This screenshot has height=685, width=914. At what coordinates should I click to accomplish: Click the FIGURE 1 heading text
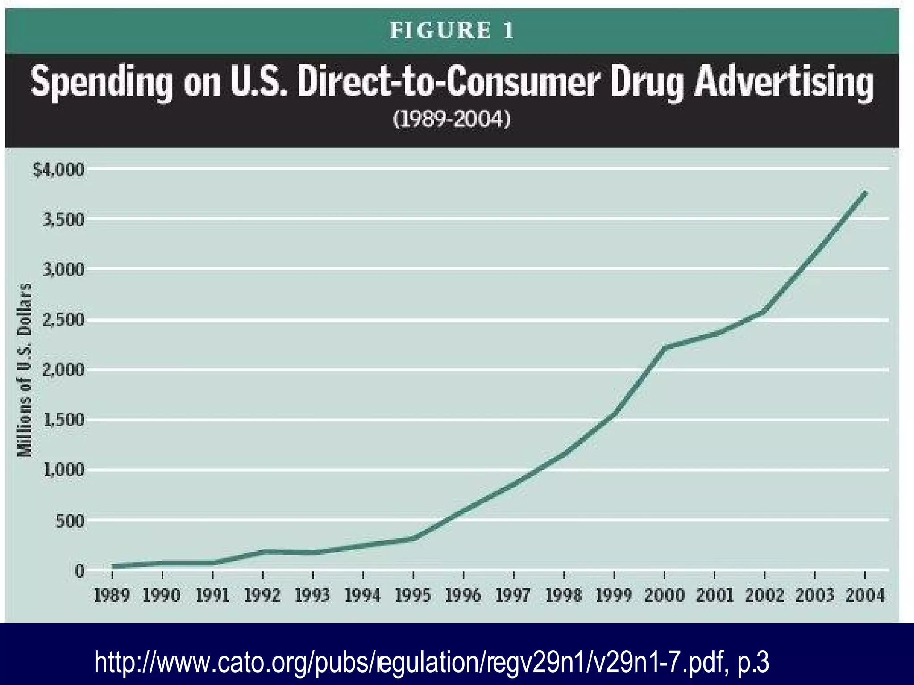(x=452, y=31)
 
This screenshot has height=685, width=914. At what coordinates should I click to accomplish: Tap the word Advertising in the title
(x=783, y=82)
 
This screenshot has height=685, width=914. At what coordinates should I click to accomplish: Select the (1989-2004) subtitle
(x=451, y=119)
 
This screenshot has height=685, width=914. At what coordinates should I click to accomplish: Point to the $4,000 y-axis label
(x=58, y=170)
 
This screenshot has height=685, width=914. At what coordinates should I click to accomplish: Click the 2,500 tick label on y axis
(x=63, y=320)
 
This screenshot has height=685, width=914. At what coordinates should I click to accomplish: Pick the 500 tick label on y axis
(x=70, y=520)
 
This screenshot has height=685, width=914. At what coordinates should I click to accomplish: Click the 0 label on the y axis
(x=79, y=571)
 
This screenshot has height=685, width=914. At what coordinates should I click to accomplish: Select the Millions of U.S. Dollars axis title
(x=25, y=370)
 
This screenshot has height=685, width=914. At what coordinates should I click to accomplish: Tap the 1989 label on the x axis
(x=112, y=595)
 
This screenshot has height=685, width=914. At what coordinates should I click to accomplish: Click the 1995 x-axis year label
(x=413, y=595)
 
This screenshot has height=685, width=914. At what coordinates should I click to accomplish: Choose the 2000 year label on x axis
(x=664, y=595)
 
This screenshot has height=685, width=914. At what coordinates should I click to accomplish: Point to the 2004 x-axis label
(x=865, y=595)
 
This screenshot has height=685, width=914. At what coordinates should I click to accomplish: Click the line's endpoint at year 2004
(x=865, y=193)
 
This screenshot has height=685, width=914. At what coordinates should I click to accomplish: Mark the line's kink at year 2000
(x=665, y=347)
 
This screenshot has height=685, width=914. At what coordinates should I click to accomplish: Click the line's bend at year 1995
(x=413, y=538)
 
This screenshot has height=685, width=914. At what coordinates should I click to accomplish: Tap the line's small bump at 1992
(x=263, y=552)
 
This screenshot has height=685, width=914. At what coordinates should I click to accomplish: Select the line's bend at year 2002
(x=764, y=311)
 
